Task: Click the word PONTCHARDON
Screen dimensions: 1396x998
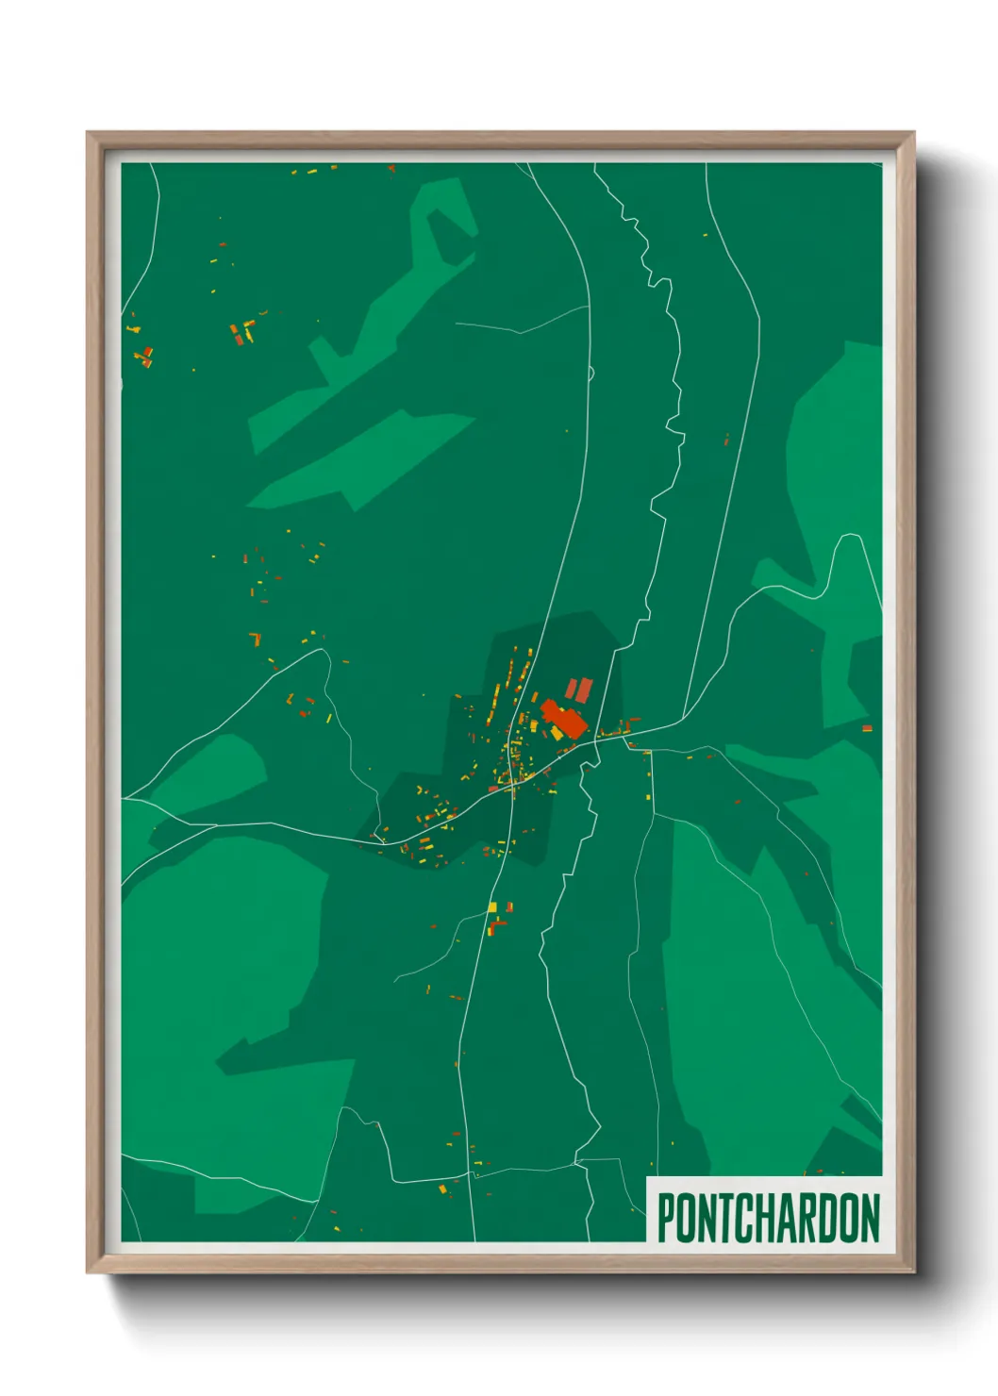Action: point(768,1218)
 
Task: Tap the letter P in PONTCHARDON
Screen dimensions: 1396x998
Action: point(666,1218)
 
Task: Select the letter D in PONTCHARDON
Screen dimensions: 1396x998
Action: point(828,1218)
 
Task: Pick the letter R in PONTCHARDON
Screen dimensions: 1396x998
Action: point(808,1218)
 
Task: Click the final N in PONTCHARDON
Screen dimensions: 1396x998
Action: point(870,1218)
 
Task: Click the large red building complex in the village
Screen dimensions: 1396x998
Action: point(564,719)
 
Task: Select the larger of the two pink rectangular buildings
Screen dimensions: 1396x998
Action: point(583,690)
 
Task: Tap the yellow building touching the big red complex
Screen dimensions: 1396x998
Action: point(557,733)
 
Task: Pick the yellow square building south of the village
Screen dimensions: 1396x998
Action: point(491,907)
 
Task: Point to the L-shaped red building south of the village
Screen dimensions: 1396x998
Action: point(497,925)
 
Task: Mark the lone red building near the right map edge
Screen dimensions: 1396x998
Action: point(867,728)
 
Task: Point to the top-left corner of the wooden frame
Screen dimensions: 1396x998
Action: point(88,133)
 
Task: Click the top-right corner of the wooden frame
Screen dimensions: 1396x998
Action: point(913,133)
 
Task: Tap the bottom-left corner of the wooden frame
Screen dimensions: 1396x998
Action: point(88,1271)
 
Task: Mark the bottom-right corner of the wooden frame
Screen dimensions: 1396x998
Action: point(913,1271)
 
